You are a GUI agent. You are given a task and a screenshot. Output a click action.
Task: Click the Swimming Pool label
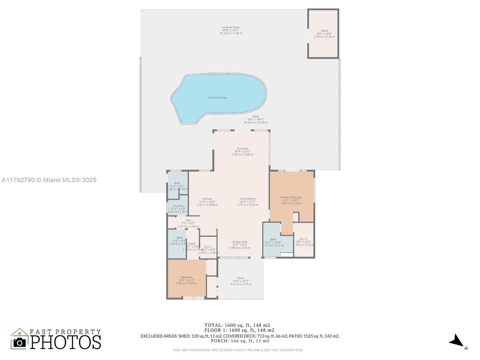pyautogui.click(x=217, y=97)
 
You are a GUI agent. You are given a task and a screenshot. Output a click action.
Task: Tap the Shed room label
pyautogui.click(x=324, y=31)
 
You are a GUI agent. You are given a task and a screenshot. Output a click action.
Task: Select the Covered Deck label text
pyautogui.click(x=231, y=27)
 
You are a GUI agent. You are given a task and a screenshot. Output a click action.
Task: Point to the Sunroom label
pyautogui.click(x=242, y=148)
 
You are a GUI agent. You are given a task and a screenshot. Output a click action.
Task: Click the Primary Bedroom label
pyautogui.click(x=291, y=197)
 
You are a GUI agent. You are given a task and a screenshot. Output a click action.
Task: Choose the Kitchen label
pyautogui.click(x=207, y=199)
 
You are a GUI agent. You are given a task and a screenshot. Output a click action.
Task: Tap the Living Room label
pyautogui.click(x=247, y=199)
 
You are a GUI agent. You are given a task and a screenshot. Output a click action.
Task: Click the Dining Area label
pyautogui.click(x=240, y=242)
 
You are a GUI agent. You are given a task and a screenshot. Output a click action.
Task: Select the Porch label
pyautogui.click(x=241, y=278)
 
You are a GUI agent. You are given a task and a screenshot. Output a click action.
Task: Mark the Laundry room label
pyautogui.click(x=178, y=206)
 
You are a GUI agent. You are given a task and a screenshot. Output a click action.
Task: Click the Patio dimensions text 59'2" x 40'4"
pyautogui.click(x=256, y=119)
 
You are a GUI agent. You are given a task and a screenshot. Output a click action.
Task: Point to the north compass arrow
pyautogui.click(x=456, y=341)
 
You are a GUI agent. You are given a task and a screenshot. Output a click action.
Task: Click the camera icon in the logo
pyautogui.click(x=20, y=342)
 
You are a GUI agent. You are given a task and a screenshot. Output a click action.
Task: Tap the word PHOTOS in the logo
pyautogui.click(x=65, y=342)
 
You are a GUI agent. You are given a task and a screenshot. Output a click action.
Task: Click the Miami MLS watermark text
pyautogui.click(x=49, y=180)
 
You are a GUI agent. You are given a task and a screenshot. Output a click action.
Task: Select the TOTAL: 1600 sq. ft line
pyautogui.click(x=237, y=325)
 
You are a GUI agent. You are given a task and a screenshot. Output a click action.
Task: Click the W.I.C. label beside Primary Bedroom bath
pyautogui.click(x=304, y=239)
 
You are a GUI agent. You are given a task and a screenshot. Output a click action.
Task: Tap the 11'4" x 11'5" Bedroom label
pyautogui.click(x=187, y=280)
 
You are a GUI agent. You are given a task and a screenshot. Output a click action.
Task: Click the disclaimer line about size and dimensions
pyautogui.click(x=238, y=350)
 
